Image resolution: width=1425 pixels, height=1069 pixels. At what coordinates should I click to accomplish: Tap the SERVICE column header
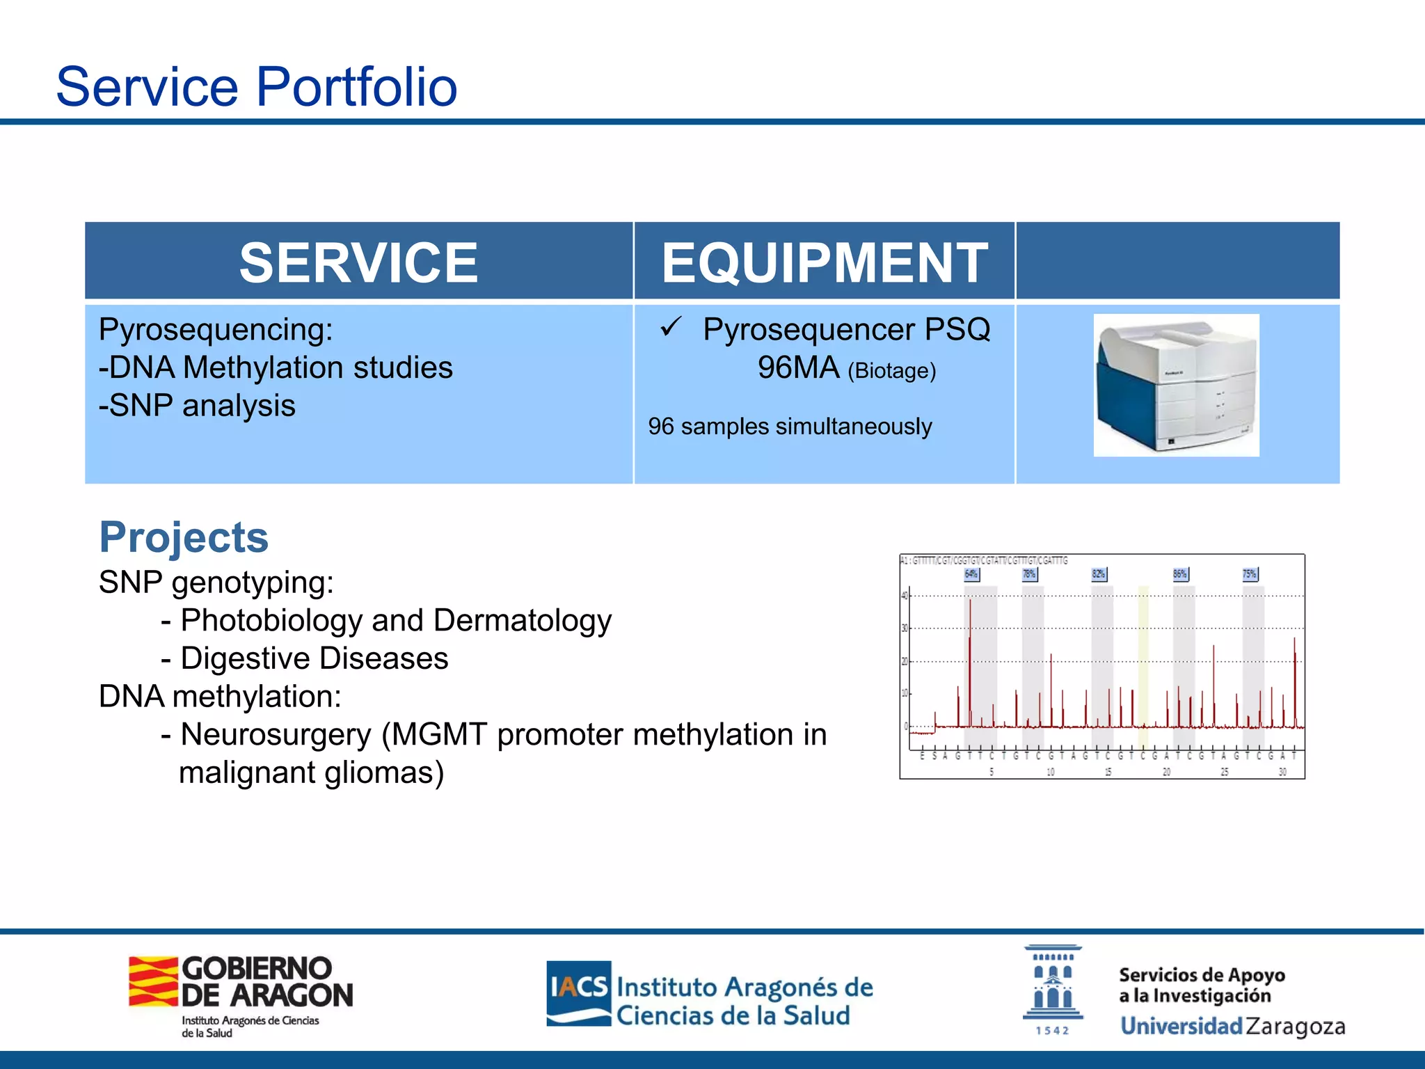358,262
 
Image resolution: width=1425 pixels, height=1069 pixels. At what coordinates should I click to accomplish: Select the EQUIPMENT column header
824,262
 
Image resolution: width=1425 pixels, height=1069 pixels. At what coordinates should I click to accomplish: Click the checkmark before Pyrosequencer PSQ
671,326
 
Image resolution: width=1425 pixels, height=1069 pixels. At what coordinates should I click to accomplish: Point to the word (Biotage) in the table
891,370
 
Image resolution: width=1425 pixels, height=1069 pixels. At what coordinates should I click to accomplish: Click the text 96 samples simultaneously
790,426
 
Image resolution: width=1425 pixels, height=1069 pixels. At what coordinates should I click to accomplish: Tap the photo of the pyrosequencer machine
1176,385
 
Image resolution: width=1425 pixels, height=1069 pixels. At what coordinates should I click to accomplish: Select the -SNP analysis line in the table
197,405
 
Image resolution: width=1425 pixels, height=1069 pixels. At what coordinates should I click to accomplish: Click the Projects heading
184,537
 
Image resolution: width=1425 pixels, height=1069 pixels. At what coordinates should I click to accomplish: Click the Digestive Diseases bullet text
314,658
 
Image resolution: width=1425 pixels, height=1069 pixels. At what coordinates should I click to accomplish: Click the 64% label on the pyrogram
971,574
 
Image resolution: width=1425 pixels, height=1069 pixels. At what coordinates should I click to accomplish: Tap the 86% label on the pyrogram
1180,574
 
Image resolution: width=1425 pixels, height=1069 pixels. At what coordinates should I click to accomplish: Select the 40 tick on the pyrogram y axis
905,595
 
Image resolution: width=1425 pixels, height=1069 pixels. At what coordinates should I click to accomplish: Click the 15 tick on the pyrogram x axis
1108,772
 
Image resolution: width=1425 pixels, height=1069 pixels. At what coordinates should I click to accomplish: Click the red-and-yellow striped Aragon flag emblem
153,981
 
